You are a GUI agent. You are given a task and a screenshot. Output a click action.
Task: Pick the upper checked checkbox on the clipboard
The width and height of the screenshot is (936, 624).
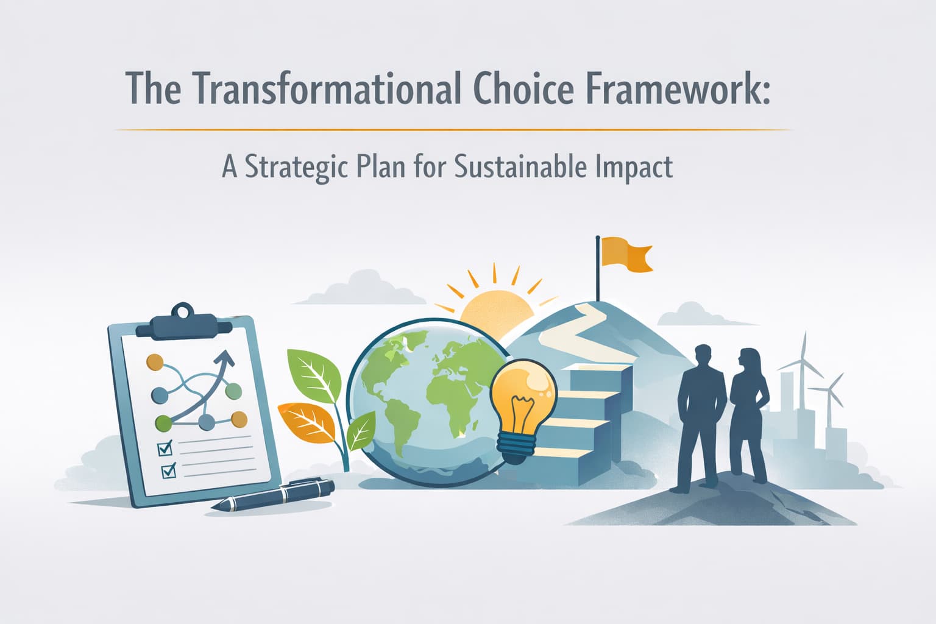(165, 448)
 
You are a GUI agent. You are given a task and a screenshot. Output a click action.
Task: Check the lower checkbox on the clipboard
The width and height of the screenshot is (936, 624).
(168, 470)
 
